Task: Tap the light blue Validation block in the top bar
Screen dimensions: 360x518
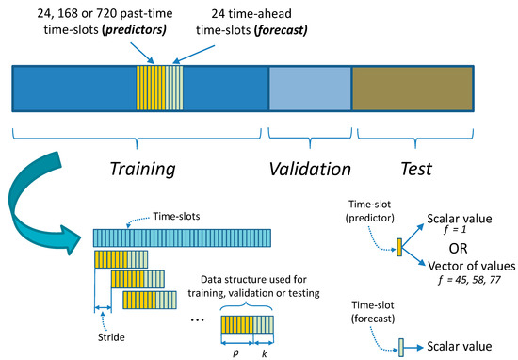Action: click(310, 90)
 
